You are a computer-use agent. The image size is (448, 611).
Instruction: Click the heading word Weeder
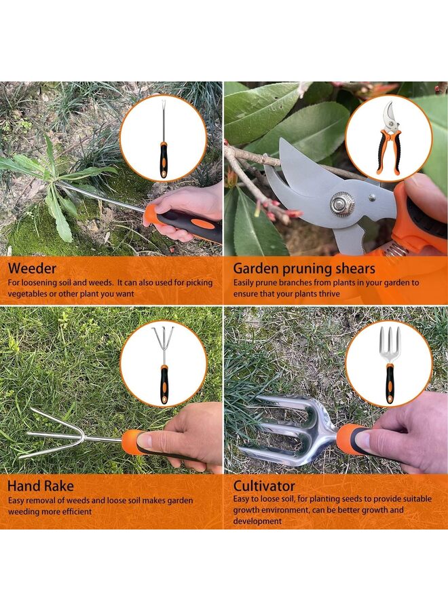tap(32, 268)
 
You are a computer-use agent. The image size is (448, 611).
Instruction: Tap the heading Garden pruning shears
tap(304, 268)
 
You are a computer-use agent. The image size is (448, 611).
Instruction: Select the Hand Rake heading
tap(41, 486)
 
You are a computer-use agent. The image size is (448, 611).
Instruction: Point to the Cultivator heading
tap(265, 486)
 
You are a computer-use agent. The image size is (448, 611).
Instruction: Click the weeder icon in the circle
tap(163, 138)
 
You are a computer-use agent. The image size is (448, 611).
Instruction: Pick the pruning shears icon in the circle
tap(388, 138)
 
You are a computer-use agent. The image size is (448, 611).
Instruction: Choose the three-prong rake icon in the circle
tap(163, 363)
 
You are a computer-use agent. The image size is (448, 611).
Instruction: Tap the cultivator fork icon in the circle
tap(389, 363)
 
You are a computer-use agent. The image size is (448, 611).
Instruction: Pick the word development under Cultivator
tap(257, 521)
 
